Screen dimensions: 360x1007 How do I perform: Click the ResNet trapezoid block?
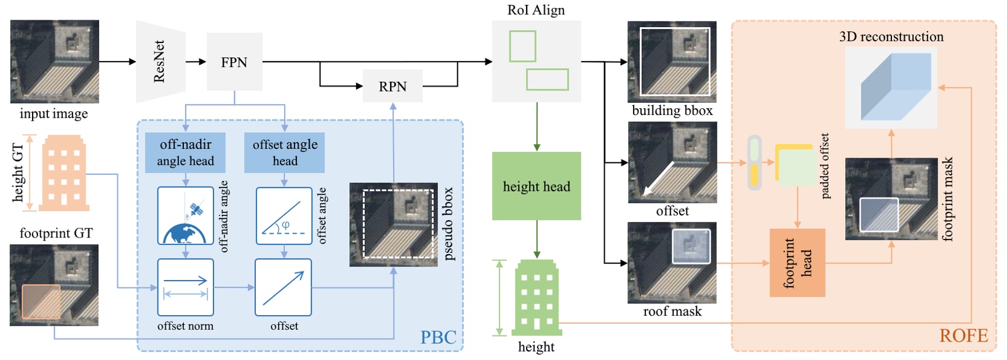click(160, 62)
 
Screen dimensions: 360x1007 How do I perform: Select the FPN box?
click(234, 62)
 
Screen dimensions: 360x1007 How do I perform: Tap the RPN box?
click(392, 86)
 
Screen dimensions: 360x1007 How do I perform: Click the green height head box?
click(536, 186)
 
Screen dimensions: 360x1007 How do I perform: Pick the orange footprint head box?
click(797, 263)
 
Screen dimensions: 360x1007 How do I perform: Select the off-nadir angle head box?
click(185, 153)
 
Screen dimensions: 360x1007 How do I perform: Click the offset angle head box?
click(284, 153)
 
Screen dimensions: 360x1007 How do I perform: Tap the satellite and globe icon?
click(185, 216)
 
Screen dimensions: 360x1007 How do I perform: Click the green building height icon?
click(536, 298)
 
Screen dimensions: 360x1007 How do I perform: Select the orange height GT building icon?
click(64, 174)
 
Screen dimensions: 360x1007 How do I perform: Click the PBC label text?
click(438, 337)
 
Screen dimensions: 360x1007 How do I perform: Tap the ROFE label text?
click(963, 335)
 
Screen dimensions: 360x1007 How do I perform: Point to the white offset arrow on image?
click(657, 179)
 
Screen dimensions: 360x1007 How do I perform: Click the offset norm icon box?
click(185, 287)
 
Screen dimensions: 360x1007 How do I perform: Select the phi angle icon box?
click(284, 216)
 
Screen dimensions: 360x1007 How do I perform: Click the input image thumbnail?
click(54, 62)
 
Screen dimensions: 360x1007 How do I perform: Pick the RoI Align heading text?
click(536, 10)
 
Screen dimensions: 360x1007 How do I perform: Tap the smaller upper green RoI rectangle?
click(522, 46)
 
